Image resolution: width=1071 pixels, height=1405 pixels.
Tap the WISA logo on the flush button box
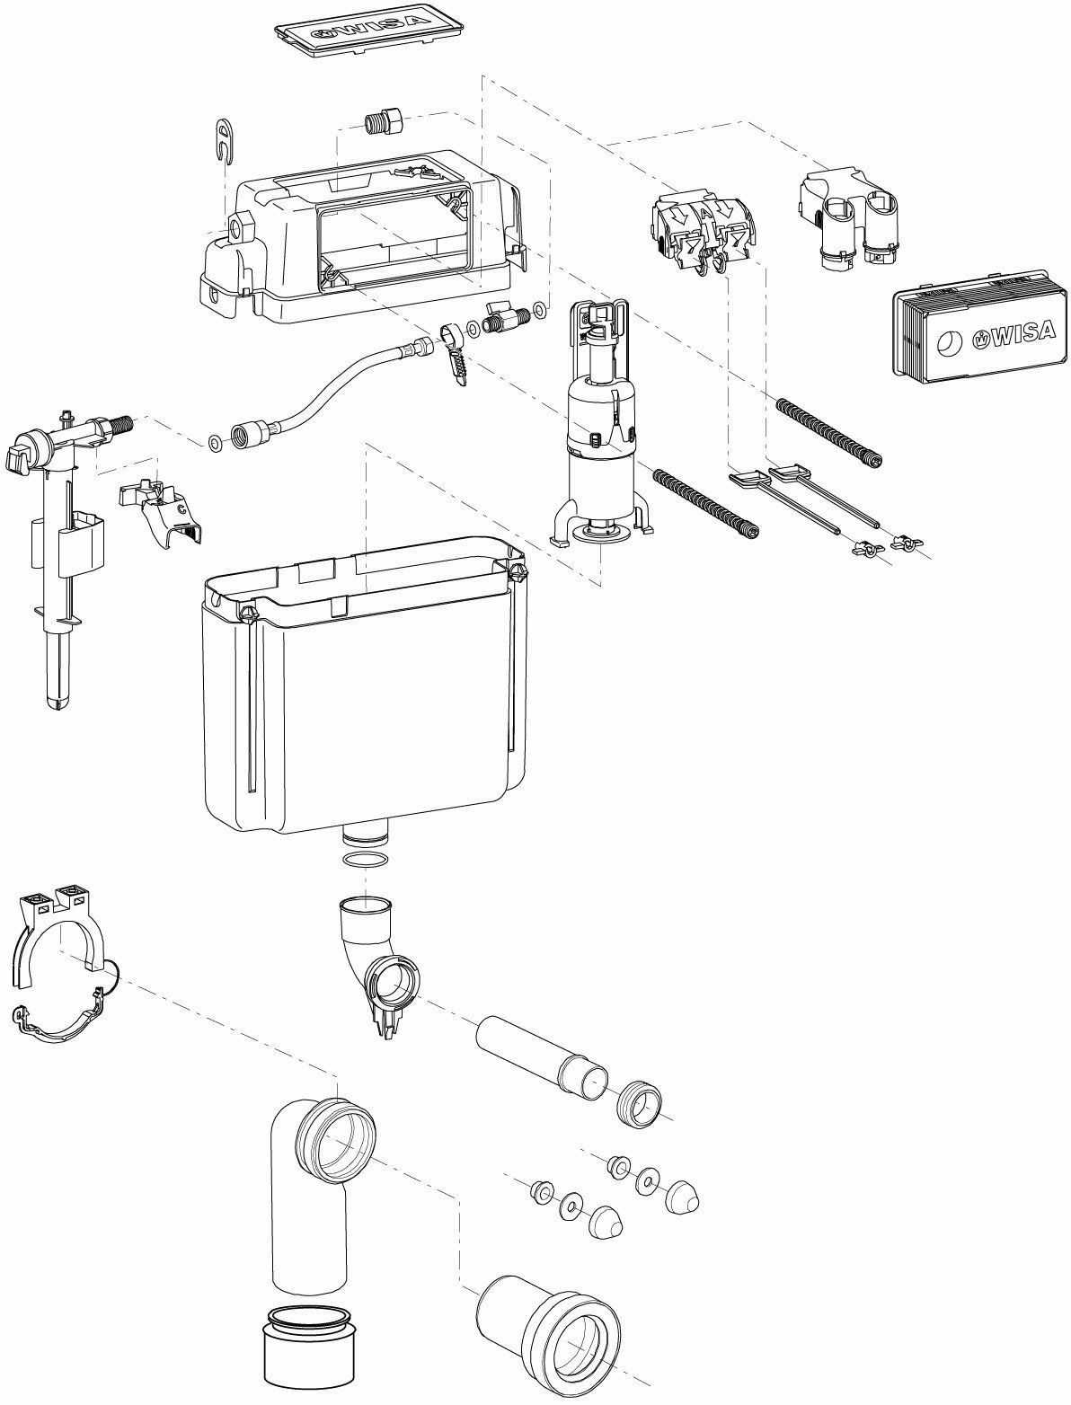pos(1014,331)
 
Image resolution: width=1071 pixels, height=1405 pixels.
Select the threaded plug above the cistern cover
pos(384,121)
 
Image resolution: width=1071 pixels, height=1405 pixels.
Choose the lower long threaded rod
pos(705,502)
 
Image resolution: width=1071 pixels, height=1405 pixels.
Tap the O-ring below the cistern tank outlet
pos(366,860)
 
